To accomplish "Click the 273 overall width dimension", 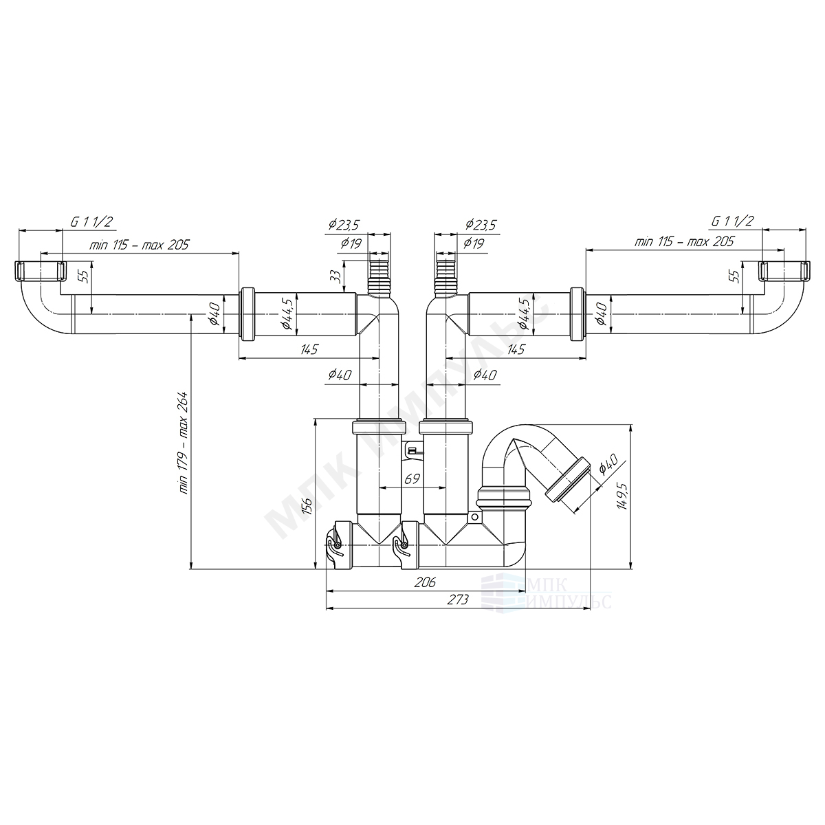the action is (458, 599).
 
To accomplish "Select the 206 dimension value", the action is (425, 582).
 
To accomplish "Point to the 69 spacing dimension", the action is (412, 478).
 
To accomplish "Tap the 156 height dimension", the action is (307, 506).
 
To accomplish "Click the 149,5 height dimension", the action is (622, 495).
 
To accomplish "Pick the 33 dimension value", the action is (337, 276).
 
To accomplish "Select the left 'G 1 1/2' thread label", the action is (91, 222).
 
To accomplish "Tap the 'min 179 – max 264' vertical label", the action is (184, 443).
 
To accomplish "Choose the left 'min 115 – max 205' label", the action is (139, 245).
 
